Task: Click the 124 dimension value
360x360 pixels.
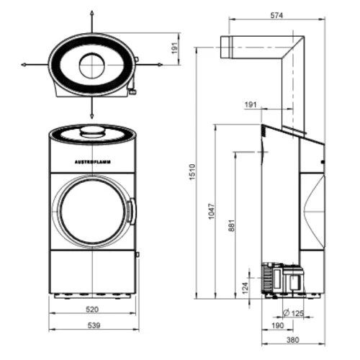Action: [246, 287]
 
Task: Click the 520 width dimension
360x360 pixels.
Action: [92, 311]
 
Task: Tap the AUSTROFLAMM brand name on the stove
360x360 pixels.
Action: [92, 162]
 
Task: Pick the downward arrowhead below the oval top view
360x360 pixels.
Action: [92, 117]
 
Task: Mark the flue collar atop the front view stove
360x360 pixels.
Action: [91, 130]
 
